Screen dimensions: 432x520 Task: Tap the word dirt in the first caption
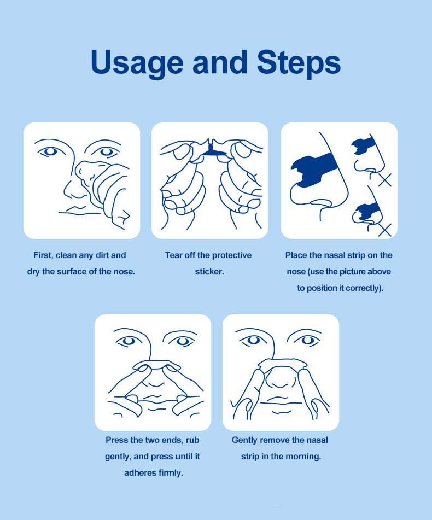[x=102, y=255]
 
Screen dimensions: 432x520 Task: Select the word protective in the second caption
[x=232, y=255]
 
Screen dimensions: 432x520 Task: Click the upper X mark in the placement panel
[x=385, y=180]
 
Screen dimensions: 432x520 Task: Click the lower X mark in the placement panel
[x=385, y=230]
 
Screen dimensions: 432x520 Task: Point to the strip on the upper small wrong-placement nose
[x=363, y=145]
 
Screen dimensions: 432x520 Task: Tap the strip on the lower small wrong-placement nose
[x=366, y=211]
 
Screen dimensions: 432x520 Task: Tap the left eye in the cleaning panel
[x=51, y=151]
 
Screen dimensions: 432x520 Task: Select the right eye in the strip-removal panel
[x=307, y=341]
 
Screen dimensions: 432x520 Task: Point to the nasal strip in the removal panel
[x=282, y=365]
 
